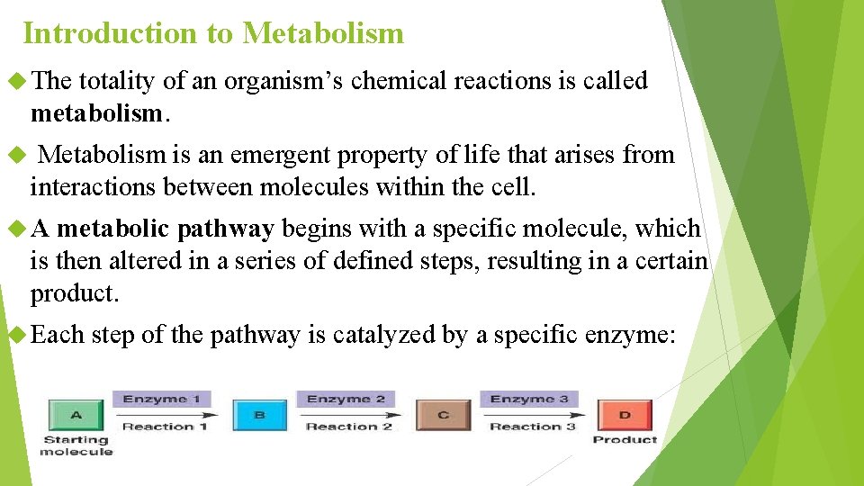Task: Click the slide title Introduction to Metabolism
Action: tap(213, 34)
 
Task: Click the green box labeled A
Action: tap(76, 415)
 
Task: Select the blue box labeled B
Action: tap(259, 415)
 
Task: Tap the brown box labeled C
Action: tap(443, 415)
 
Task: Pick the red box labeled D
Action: tap(625, 415)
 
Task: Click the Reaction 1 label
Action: tap(165, 427)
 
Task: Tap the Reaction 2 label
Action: tap(349, 427)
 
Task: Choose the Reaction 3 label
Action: tap(532, 427)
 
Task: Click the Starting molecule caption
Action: tap(76, 445)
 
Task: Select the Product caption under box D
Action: tap(625, 439)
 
